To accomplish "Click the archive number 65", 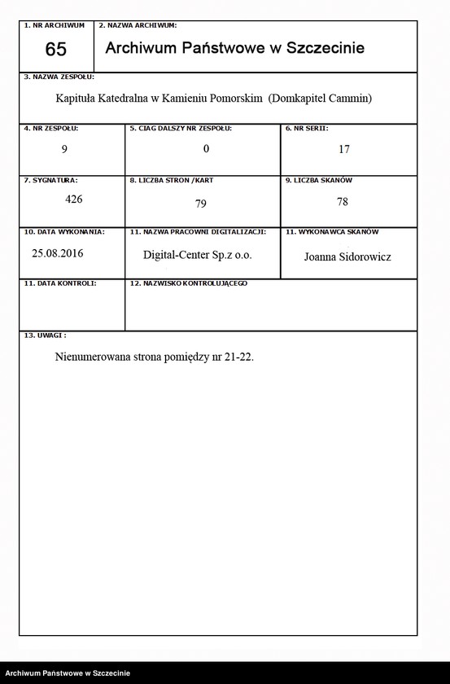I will point(56,50).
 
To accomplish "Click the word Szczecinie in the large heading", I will point(323,48).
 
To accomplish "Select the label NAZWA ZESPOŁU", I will point(62,77).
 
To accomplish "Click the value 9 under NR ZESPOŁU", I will point(64,149).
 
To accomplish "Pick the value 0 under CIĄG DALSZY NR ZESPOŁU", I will point(207,149).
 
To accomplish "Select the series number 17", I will point(344,150).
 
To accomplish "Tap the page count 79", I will point(202,204).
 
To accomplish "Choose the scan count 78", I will point(342,203).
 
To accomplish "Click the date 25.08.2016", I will point(58,253).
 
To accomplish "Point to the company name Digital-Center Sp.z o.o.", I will point(197,255).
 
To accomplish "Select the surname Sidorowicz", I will point(366,256).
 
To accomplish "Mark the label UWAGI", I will point(48,335).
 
